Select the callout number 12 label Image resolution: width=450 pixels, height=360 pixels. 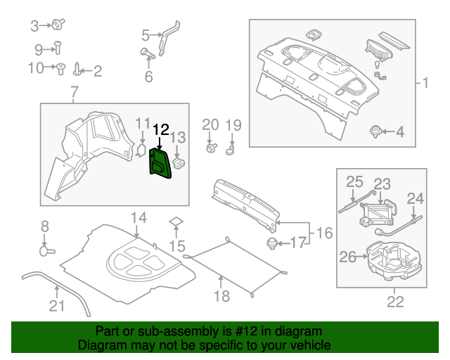point(161,130)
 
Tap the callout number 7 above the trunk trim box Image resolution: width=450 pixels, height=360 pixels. point(75,91)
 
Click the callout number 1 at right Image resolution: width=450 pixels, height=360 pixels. point(424,84)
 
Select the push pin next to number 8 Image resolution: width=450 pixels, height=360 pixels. point(47,250)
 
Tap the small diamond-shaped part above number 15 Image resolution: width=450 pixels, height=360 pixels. point(176,221)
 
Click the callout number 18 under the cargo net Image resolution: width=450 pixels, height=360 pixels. point(221,297)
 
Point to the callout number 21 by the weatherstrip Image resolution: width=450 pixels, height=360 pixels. point(56,305)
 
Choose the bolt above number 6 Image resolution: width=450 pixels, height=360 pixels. point(148,53)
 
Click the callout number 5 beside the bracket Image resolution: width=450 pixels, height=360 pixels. point(146,34)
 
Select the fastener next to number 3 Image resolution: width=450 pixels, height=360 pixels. point(56,26)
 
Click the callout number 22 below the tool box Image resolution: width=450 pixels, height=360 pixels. point(395,302)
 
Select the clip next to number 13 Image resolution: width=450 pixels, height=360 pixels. point(179,163)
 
